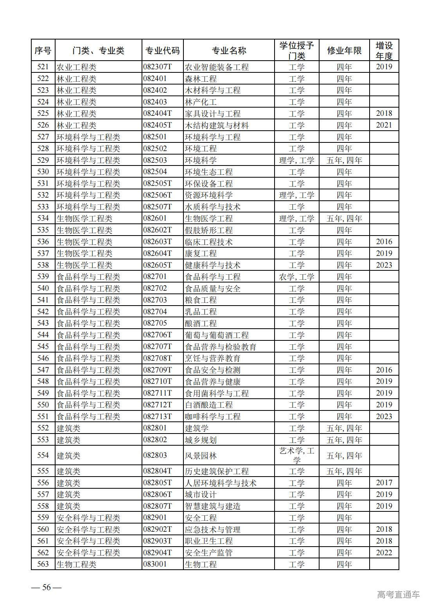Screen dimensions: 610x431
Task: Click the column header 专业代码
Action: pos(162,50)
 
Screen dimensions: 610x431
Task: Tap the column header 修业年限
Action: pos(344,50)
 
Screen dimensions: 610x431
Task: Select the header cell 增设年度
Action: pos(384,50)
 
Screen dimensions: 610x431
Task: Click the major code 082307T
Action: pos(158,67)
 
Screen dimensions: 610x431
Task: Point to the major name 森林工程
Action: pos(201,79)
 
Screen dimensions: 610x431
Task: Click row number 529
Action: pos(43,160)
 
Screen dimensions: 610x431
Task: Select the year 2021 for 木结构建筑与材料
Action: pos(384,125)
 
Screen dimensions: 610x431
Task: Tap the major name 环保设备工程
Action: pos(208,184)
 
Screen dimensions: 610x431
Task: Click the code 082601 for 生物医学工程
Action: pos(155,218)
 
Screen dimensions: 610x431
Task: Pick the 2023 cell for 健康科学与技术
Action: pos(384,265)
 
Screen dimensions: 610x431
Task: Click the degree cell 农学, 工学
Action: pos(296,277)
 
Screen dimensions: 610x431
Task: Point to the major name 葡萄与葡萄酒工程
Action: pos(217,335)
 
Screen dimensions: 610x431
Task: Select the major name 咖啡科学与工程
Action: pos(212,416)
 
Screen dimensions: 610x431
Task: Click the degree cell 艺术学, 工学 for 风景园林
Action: pos(296,455)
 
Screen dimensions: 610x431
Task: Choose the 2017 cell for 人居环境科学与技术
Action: pos(384,483)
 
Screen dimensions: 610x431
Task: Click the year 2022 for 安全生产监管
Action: pos(384,552)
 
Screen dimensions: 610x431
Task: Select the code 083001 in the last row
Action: pos(155,564)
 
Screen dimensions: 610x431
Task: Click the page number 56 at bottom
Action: pos(47,587)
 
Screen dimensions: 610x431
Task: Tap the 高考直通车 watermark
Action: pos(398,594)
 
